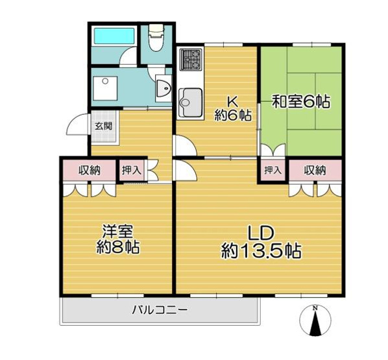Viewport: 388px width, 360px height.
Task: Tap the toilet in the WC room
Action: point(156,39)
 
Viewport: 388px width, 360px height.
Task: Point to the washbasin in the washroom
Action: point(163,87)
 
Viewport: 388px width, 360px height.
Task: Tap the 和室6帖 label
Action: point(301,102)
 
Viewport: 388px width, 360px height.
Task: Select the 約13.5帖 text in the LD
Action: point(261,250)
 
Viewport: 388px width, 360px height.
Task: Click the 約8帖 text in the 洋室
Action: point(117,247)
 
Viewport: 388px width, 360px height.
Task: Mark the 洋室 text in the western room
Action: point(117,230)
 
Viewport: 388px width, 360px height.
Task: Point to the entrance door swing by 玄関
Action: point(80,124)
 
